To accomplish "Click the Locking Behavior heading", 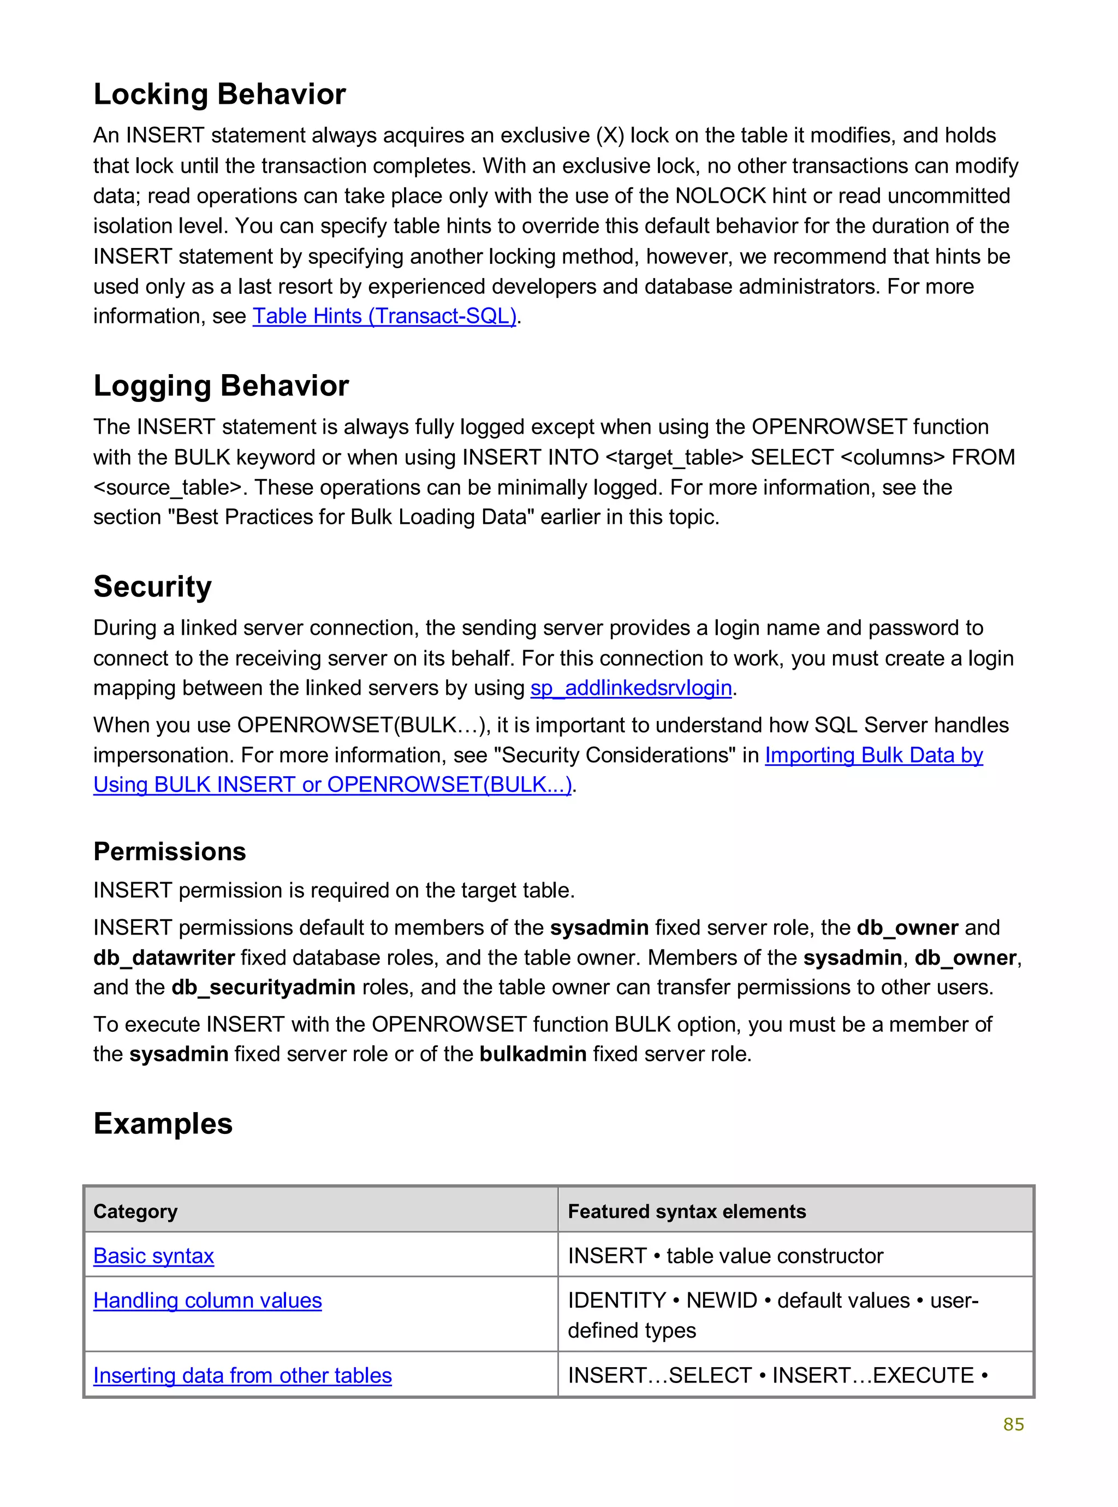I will [x=219, y=94].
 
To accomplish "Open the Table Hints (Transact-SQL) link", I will [x=384, y=316].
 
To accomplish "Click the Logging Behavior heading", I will [x=221, y=386].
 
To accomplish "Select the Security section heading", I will [x=152, y=586].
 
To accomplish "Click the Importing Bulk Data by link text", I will [x=873, y=755].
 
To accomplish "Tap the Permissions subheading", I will [x=169, y=852].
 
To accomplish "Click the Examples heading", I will [x=163, y=1124].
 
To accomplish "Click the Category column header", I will [x=135, y=1211].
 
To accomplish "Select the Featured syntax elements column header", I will [x=686, y=1211].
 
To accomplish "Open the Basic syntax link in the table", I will [x=153, y=1256].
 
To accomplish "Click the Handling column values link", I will [x=207, y=1301].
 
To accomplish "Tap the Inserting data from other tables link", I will [x=242, y=1376].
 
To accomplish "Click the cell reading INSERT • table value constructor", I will [x=725, y=1256].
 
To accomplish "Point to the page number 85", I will [x=1013, y=1425].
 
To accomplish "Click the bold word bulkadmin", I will [x=533, y=1054].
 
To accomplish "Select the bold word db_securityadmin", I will [x=263, y=988].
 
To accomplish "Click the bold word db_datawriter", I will [x=164, y=958].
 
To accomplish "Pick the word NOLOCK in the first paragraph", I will [x=720, y=196].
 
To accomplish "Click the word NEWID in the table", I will [x=722, y=1301].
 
